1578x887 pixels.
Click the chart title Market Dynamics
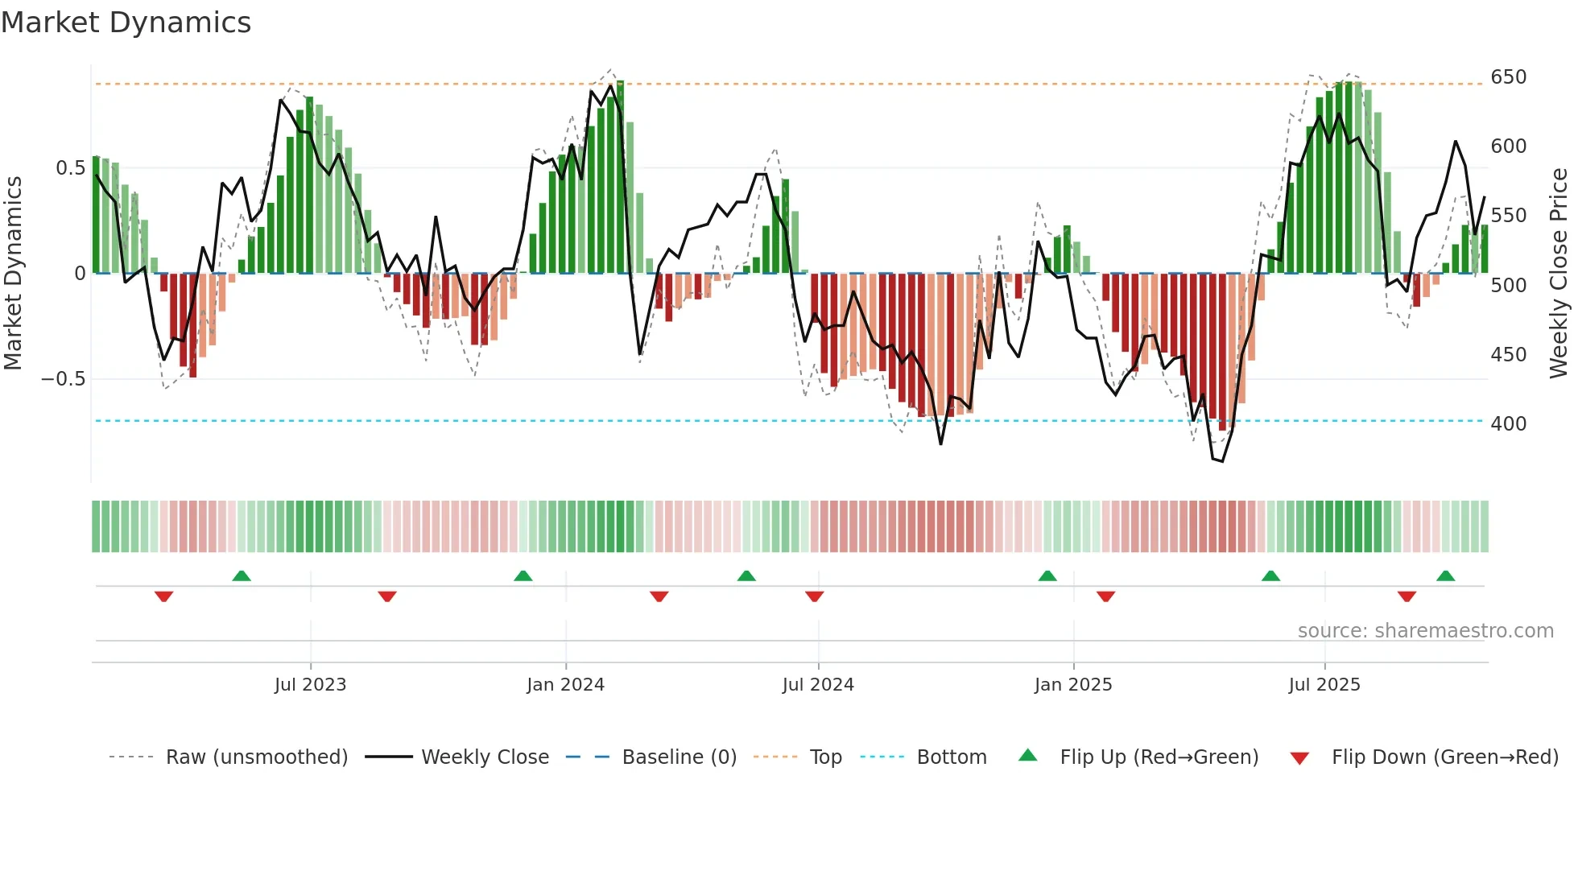[x=126, y=23]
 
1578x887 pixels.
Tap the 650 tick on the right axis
[x=1508, y=77]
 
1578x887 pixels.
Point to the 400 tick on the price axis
[x=1508, y=424]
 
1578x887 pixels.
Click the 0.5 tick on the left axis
[x=70, y=168]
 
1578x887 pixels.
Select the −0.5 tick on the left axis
[x=64, y=379]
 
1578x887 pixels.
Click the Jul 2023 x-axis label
[x=310, y=685]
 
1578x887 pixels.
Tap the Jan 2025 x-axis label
[x=1072, y=685]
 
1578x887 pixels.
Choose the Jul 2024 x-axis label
[x=817, y=685]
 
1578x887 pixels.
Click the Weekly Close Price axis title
[x=1559, y=274]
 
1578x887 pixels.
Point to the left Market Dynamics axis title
[x=13, y=274]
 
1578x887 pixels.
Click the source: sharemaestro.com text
[x=1425, y=631]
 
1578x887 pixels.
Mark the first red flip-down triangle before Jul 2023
[x=164, y=596]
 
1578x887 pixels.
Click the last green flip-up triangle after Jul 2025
[x=1445, y=576]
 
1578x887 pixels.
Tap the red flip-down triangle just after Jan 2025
[x=1105, y=596]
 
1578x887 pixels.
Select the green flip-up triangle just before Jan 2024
[x=523, y=576]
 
